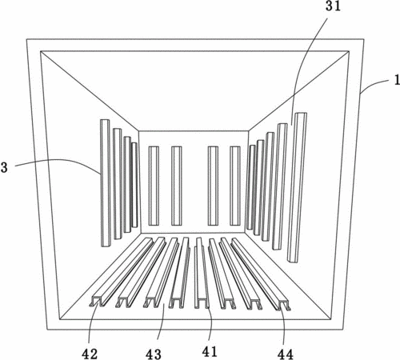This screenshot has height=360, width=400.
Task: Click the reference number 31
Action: tap(333, 6)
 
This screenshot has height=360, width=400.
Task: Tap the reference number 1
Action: tap(397, 80)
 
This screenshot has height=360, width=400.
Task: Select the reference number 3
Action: tap(4, 167)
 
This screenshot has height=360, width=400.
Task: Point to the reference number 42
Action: tap(90, 354)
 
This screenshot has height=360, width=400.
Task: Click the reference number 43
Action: tap(154, 354)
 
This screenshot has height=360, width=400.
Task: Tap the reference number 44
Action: tap(285, 354)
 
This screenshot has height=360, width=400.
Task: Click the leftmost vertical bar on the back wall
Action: tap(154, 186)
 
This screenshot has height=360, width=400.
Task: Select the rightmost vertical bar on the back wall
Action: tap(235, 186)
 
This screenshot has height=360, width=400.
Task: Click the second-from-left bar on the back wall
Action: tap(177, 186)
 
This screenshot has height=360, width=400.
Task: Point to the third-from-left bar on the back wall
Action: tap(213, 186)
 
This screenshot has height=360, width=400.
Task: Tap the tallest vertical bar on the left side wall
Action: tap(106, 183)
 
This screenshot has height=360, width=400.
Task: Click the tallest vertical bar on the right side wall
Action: tap(297, 187)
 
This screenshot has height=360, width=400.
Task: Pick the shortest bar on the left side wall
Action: tap(134, 185)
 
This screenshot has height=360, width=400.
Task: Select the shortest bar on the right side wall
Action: tap(250, 187)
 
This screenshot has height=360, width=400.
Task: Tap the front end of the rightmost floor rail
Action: tap(283, 305)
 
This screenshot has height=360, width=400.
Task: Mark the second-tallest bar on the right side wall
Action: tap(280, 186)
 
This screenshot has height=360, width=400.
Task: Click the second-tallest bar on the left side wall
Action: tap(118, 184)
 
